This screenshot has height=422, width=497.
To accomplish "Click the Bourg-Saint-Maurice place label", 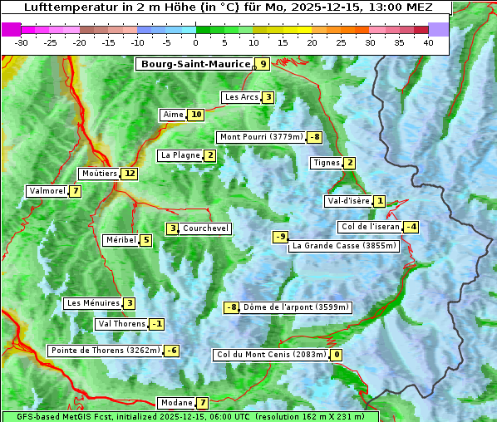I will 195,64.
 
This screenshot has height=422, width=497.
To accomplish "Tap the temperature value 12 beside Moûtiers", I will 129,174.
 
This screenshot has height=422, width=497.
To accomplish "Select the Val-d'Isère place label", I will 348,201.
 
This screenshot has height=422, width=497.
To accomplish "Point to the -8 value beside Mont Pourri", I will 314,137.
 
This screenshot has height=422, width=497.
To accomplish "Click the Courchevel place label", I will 205,228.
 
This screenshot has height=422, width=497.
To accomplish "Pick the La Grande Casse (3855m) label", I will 344,246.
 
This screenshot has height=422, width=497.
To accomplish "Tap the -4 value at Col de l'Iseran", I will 411,227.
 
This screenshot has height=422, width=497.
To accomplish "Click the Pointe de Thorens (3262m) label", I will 105,351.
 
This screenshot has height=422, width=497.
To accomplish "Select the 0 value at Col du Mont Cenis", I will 337,356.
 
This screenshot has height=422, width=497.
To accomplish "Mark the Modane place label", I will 176,403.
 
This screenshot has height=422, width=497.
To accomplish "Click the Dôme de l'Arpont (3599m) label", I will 296,307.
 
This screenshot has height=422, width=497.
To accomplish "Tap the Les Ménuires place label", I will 93,303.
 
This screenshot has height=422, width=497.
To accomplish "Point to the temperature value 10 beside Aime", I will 196,115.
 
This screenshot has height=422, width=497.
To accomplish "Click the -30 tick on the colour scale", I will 22,42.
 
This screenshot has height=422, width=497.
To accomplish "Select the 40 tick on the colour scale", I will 428,42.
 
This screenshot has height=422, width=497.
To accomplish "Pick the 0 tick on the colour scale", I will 196,42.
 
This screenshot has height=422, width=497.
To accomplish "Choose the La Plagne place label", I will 180,155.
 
